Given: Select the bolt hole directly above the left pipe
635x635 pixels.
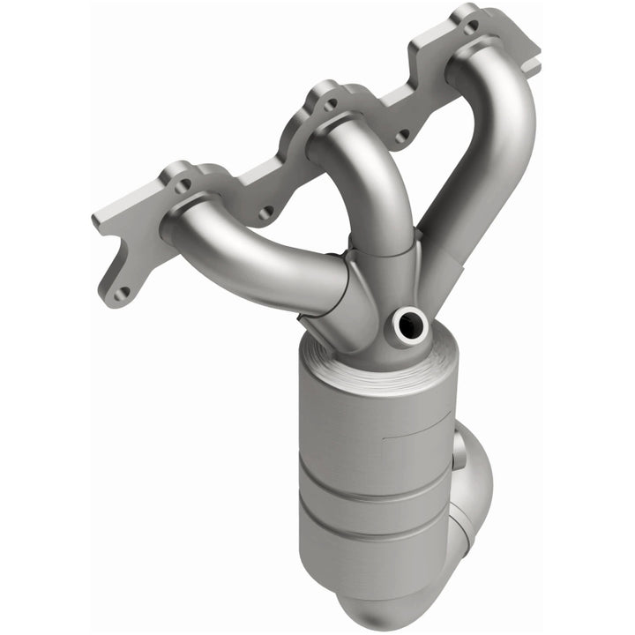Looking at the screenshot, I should click(x=183, y=185).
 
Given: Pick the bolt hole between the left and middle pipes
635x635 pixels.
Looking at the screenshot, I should click(x=265, y=213).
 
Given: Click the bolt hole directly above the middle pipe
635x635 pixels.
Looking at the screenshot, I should click(x=331, y=104).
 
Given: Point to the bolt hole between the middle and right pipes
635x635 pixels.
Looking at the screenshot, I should click(x=402, y=137).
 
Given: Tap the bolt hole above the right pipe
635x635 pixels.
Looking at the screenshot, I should click(x=470, y=26).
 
